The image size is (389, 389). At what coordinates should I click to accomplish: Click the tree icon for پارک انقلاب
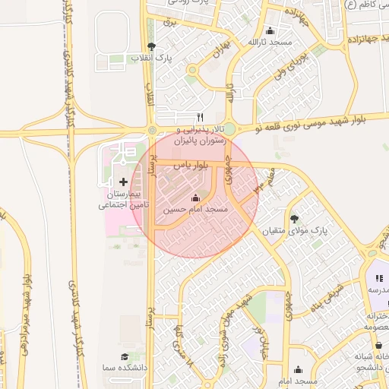(x=151, y=46)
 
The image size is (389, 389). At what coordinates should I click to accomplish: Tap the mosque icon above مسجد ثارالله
(x=270, y=31)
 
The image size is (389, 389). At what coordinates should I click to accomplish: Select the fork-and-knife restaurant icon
(x=201, y=117)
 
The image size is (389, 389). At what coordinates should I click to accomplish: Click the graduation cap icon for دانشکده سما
(x=124, y=356)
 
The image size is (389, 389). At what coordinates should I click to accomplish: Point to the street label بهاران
(x=221, y=52)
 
